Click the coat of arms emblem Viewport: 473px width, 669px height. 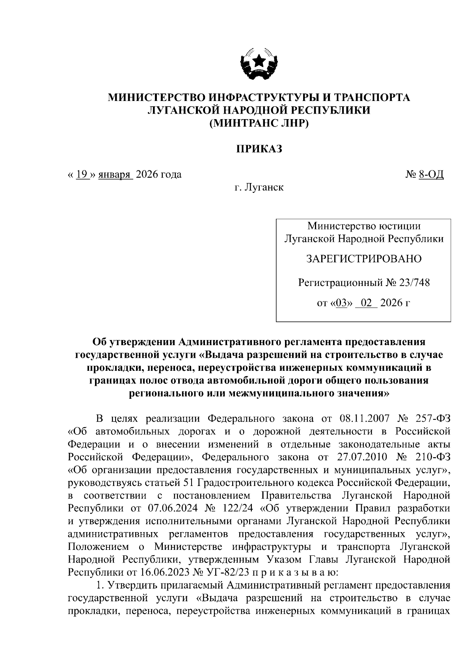point(259,64)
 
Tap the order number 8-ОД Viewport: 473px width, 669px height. point(431,174)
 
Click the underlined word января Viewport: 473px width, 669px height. point(115,174)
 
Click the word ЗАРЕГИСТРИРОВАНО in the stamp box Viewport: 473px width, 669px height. point(364,259)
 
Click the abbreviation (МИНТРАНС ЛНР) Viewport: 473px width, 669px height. point(259,123)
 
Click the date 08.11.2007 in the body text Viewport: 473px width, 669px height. point(364,419)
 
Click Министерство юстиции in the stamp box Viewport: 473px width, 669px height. point(364,226)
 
